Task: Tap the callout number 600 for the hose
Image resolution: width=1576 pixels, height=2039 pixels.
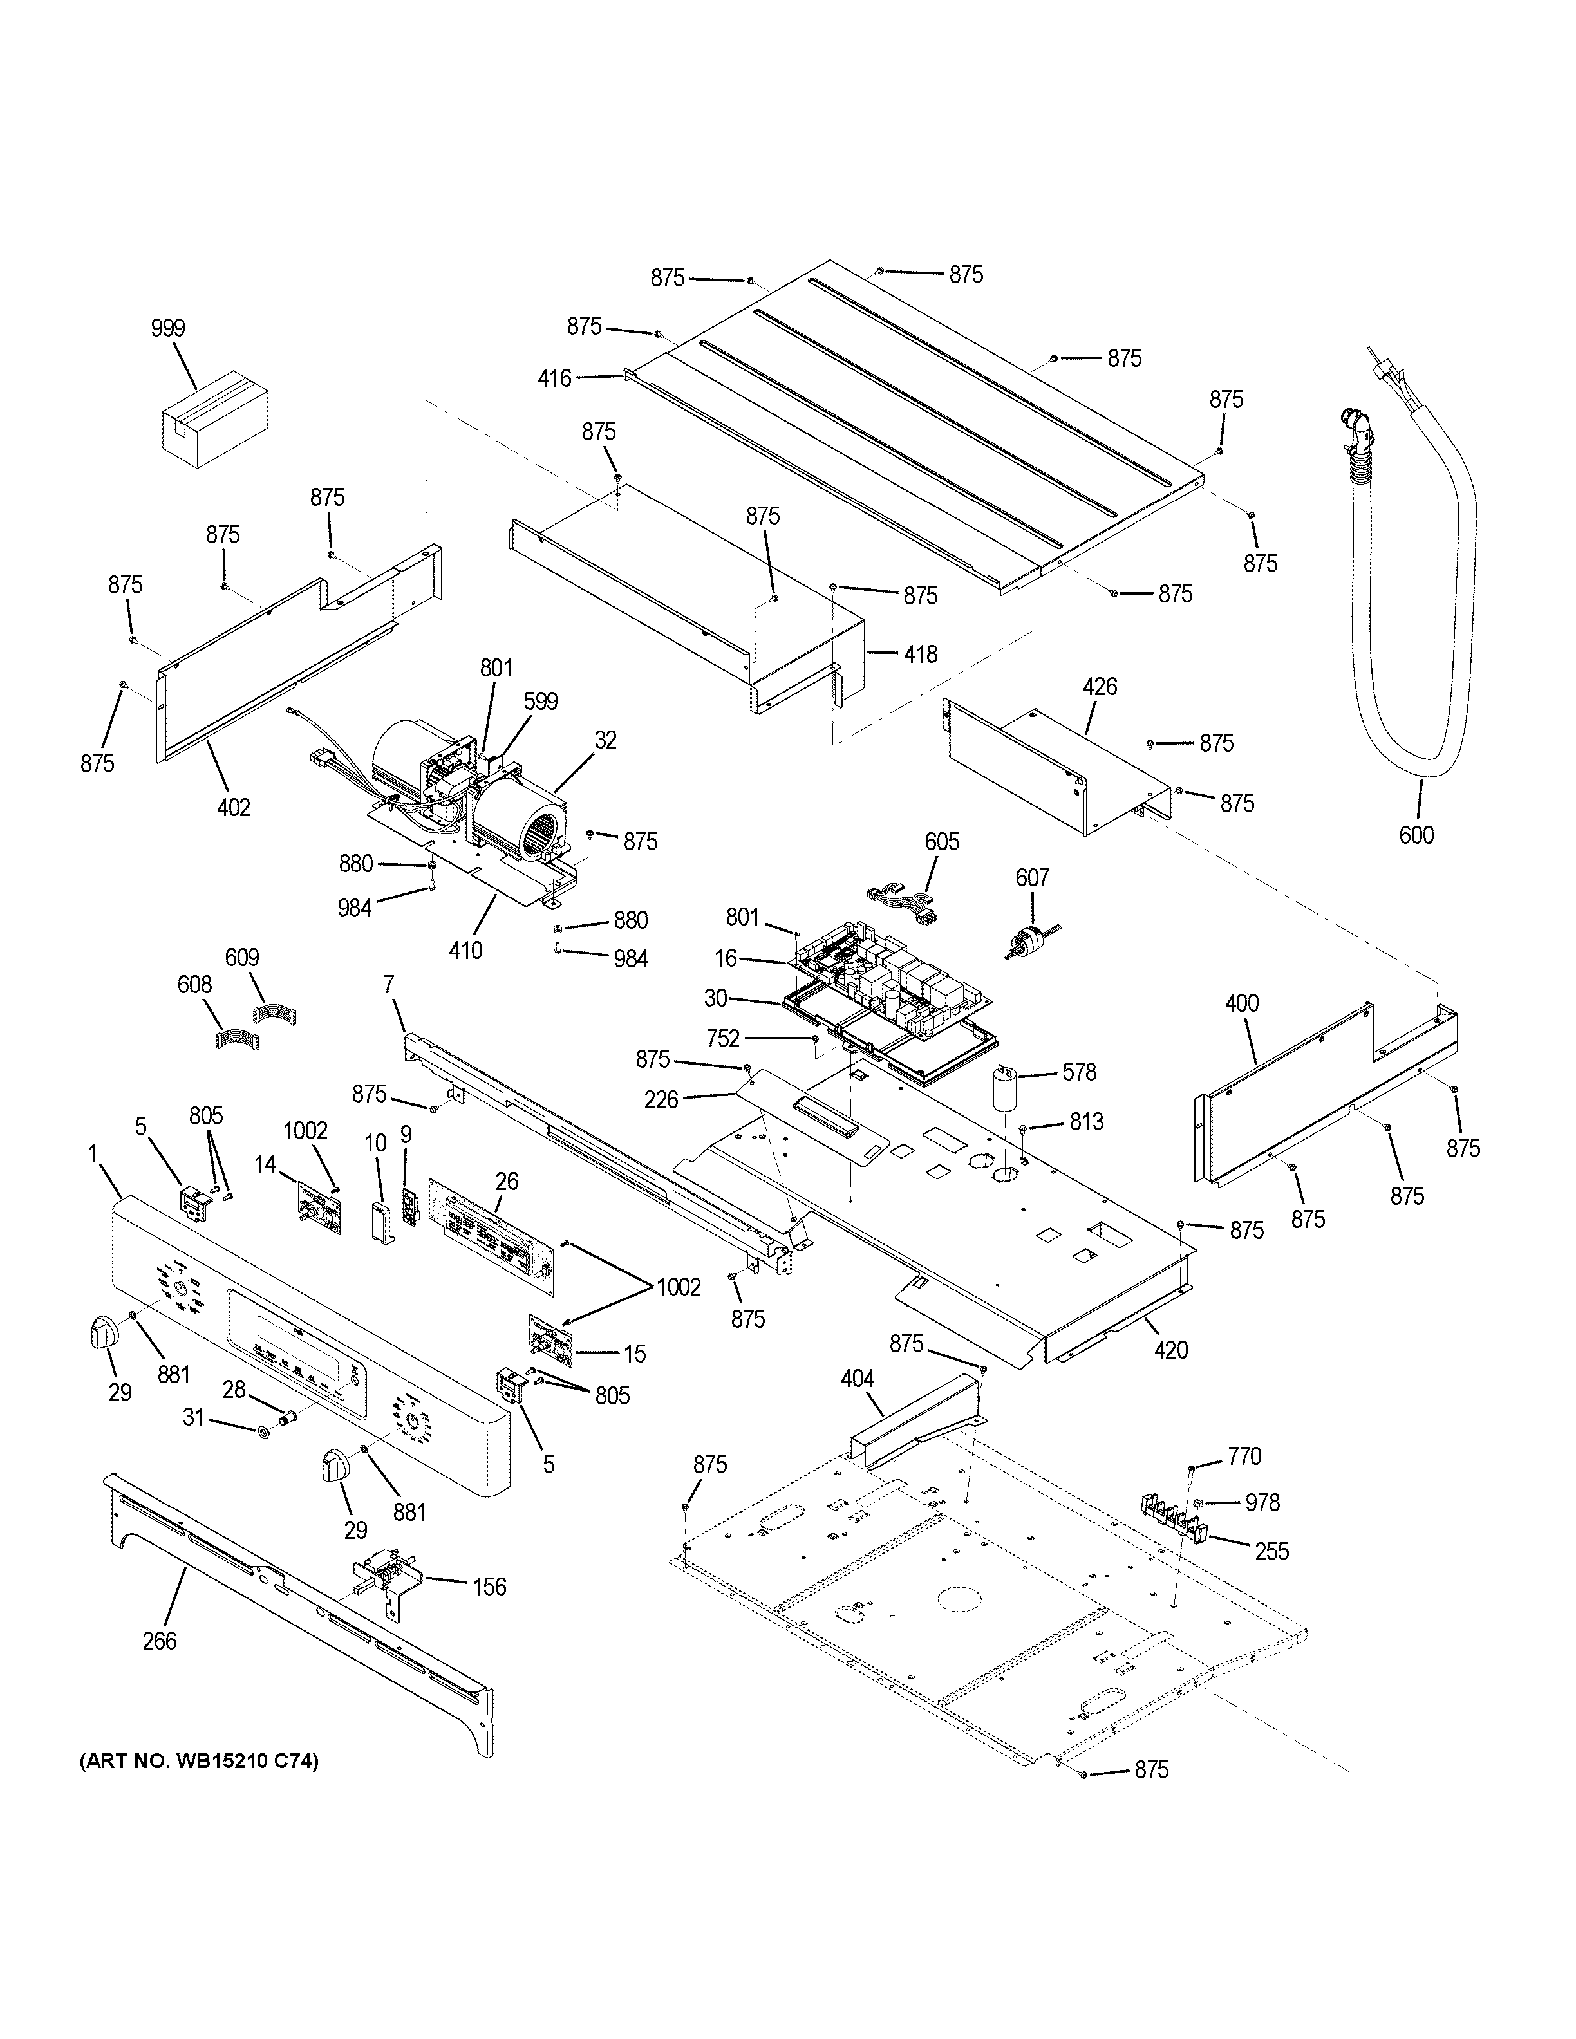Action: click(x=1416, y=835)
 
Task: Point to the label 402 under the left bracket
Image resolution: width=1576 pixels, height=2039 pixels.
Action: click(x=234, y=806)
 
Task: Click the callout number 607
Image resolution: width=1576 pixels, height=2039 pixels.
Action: click(x=1032, y=878)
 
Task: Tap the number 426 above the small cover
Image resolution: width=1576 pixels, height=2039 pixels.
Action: click(x=1100, y=687)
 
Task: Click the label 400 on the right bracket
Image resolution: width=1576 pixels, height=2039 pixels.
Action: click(x=1242, y=1003)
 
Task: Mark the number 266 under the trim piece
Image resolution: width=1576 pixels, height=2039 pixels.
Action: click(x=160, y=1641)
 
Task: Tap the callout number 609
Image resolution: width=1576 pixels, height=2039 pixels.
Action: click(x=242, y=958)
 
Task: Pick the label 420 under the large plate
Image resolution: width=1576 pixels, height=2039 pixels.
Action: click(x=1171, y=1349)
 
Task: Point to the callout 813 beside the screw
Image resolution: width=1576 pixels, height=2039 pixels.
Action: click(x=1087, y=1121)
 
